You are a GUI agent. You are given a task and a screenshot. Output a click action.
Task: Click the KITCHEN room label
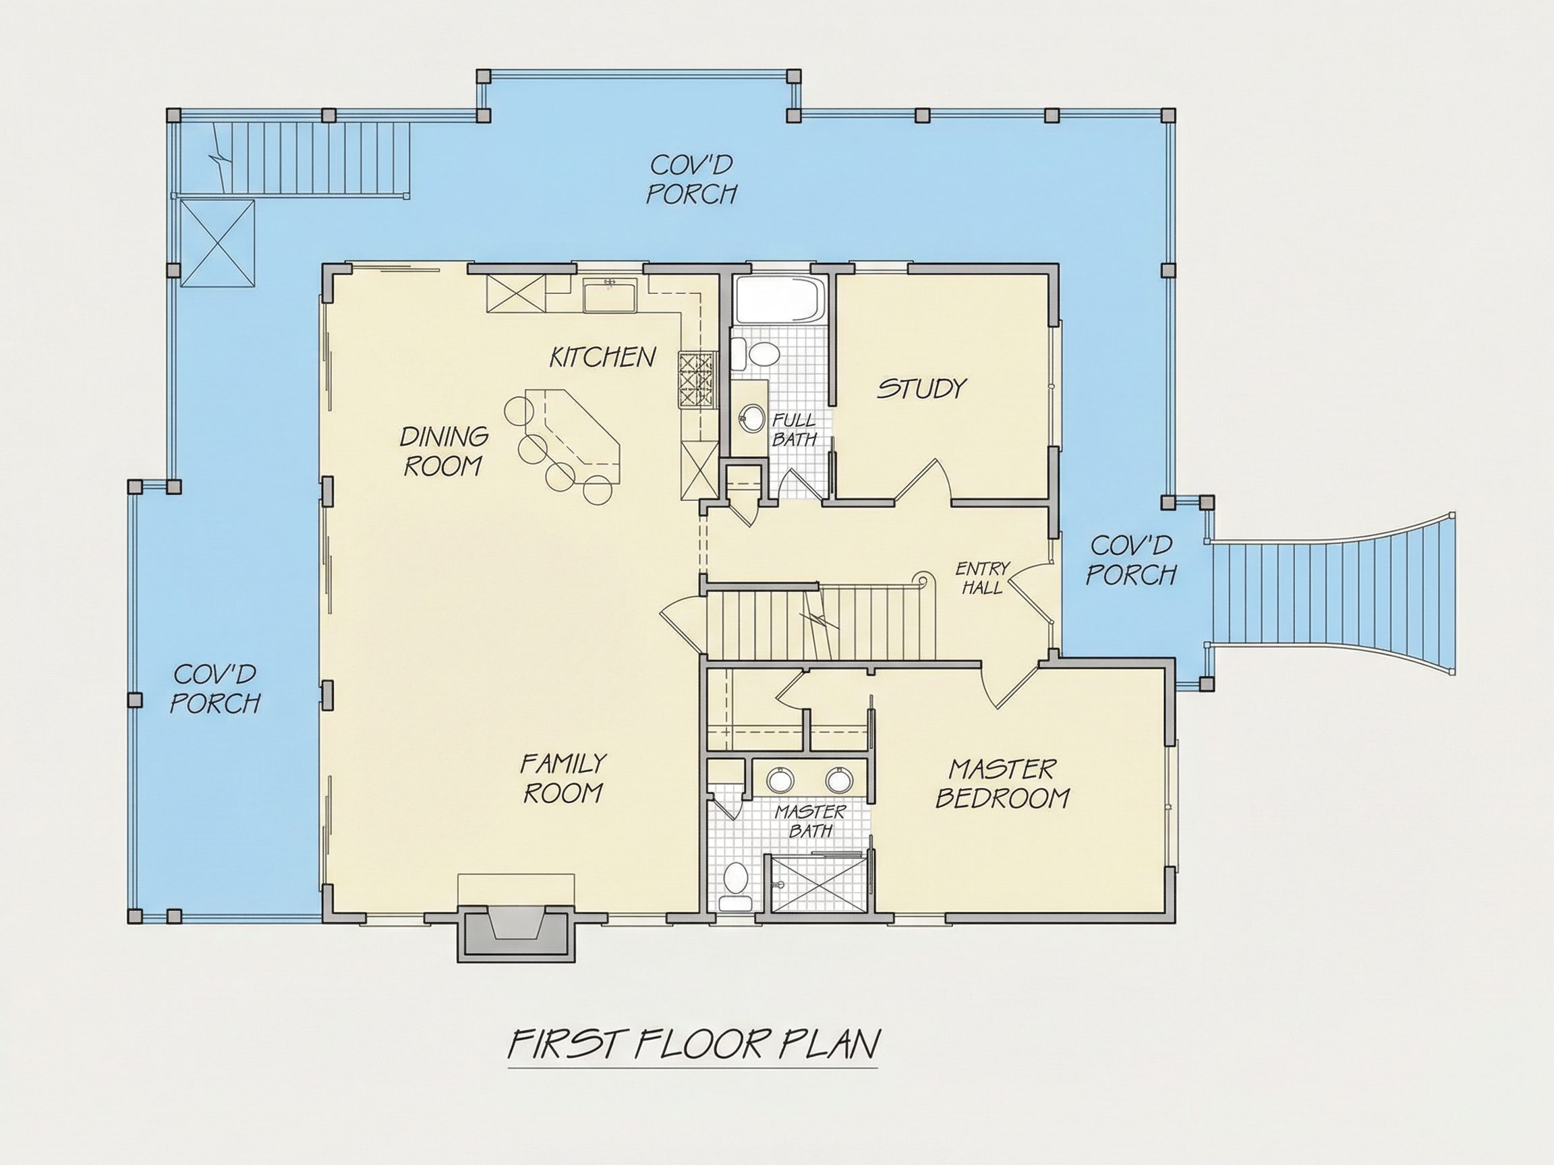(602, 357)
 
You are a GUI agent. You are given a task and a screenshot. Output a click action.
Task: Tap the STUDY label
(921, 388)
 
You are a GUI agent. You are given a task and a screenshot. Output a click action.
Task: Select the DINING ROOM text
(443, 451)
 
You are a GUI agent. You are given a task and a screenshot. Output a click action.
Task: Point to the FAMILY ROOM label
(563, 777)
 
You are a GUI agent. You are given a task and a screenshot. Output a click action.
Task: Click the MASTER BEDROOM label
(1002, 783)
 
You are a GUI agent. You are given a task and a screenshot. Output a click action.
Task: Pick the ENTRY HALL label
(982, 578)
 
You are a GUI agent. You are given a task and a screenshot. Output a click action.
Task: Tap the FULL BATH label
(795, 429)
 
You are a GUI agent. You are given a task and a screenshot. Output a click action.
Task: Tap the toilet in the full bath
(755, 353)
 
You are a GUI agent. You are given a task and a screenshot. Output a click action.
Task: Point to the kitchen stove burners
(697, 380)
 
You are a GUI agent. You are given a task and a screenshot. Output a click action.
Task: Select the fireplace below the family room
(517, 930)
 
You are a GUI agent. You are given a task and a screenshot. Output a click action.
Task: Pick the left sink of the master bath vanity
(779, 780)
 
